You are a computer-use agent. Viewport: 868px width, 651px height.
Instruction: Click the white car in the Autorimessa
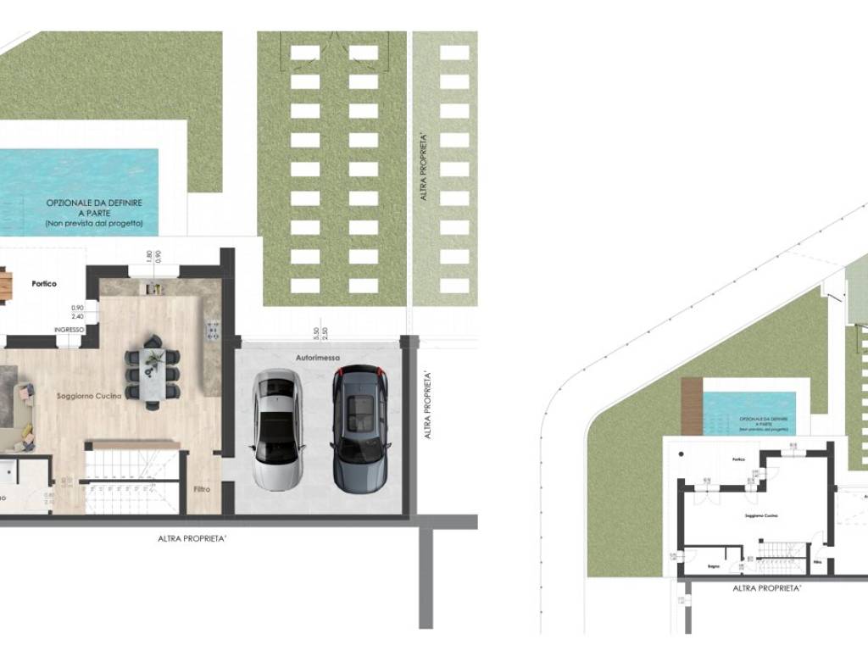(277, 431)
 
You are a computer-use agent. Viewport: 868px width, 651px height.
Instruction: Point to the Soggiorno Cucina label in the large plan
(89, 396)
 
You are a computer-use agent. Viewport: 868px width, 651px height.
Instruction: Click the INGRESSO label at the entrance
(69, 329)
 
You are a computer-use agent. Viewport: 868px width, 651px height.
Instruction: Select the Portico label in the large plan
(44, 284)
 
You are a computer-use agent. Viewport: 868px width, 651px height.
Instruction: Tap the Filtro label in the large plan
(202, 489)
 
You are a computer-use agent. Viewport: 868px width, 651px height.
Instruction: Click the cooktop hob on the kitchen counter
(212, 329)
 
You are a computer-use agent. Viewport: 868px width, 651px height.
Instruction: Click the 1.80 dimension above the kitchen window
(149, 254)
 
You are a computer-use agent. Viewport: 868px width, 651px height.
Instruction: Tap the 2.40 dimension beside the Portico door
(77, 315)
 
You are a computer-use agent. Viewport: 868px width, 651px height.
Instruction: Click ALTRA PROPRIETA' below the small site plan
(766, 587)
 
